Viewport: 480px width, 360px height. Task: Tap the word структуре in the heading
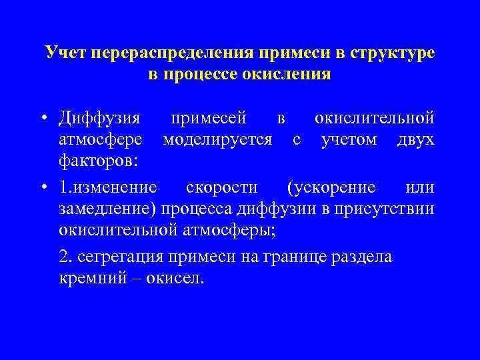coord(390,53)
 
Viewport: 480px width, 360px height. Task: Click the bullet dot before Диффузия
coord(43,119)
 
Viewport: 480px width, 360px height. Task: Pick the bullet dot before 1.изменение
coord(43,188)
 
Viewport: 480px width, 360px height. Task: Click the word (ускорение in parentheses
coord(329,187)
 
